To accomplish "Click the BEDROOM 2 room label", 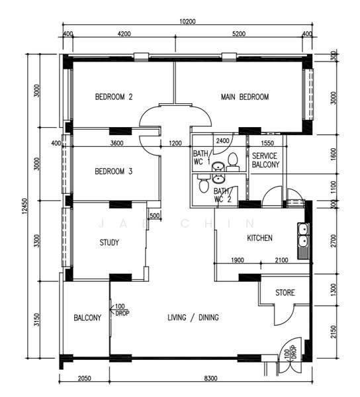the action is pos(114,97).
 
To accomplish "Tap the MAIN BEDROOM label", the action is pos(245,97).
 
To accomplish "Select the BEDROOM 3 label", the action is pos(114,171).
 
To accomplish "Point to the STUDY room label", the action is pos(109,243).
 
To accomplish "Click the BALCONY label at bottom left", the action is pos(87,318).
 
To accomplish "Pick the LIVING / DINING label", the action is pos(193,317).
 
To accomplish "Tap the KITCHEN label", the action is pos(260,238).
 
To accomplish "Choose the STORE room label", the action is pos(285,292).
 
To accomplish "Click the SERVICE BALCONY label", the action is pos(265,160).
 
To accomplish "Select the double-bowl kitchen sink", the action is pos(303,241).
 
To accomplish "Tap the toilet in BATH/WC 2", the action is pos(204,183).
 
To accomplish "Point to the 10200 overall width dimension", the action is pos(187,22).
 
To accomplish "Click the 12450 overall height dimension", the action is pos(24,206).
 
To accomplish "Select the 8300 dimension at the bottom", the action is pos(210,378).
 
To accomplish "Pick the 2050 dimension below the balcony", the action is pos(84,378).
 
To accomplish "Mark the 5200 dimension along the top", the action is pos(239,34).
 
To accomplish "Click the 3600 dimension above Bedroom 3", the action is pos(117,144).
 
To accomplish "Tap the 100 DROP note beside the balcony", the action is pos(122,310).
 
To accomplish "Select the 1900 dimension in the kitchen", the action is pos(238,260).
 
